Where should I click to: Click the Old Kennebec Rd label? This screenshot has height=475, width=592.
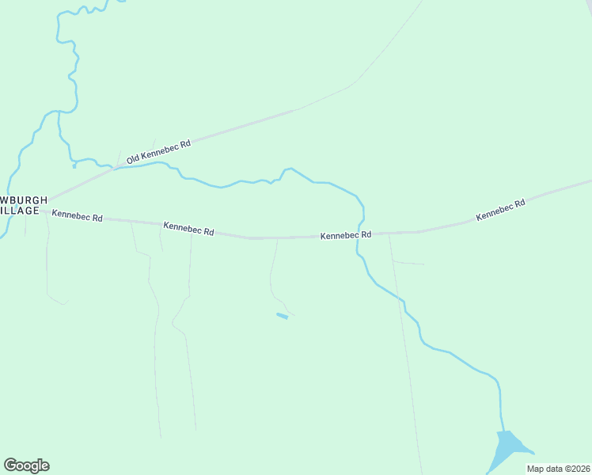coord(159,152)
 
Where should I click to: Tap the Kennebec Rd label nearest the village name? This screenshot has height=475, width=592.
coord(78,215)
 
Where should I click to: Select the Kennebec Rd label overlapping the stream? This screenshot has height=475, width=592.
coord(346,236)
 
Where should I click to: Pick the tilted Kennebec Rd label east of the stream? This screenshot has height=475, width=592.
coord(500,210)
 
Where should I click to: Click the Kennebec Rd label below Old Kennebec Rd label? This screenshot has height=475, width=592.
coord(188,228)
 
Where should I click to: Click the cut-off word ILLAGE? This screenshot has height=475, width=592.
coord(19,211)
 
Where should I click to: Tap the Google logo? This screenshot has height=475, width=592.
coord(26,465)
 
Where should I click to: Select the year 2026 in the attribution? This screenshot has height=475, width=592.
coord(578,469)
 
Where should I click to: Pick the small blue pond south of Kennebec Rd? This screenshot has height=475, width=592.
coord(282,316)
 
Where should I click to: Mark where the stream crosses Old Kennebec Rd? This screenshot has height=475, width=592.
coord(116,167)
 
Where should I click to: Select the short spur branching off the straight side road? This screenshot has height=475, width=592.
coord(408,262)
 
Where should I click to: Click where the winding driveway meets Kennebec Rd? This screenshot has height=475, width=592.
coord(277,237)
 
